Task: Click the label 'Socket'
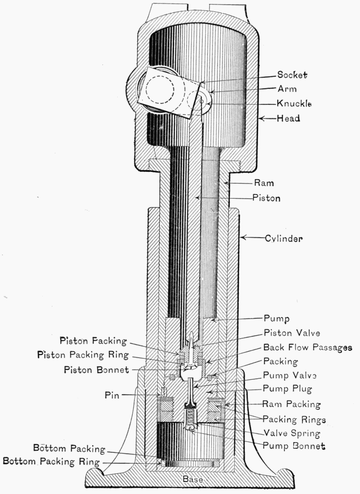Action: pyautogui.click(x=292, y=76)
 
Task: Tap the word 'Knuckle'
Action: pyautogui.click(x=294, y=103)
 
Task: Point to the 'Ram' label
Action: pyautogui.click(x=263, y=182)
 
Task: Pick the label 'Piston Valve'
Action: pyautogui.click(x=291, y=333)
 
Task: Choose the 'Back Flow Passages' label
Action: pyautogui.click(x=307, y=347)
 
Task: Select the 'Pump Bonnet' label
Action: pyautogui.click(x=294, y=446)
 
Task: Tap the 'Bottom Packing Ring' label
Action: pyautogui.click(x=50, y=461)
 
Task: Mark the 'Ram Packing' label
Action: pyautogui.click(x=291, y=404)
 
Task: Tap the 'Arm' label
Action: pyautogui.click(x=287, y=89)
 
